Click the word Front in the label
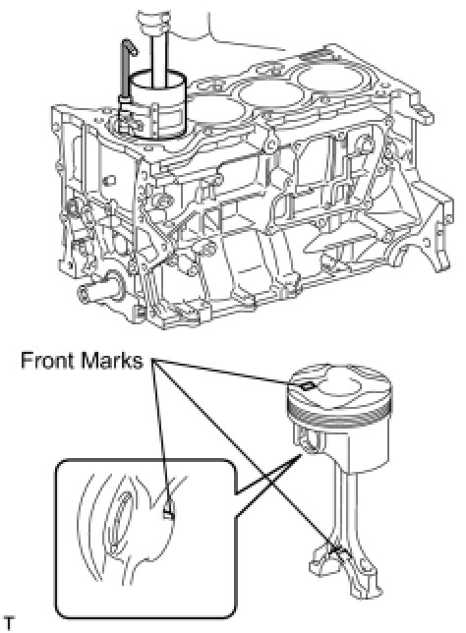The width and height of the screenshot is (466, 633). pyautogui.click(x=48, y=360)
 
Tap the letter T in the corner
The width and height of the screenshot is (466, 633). pyautogui.click(x=9, y=623)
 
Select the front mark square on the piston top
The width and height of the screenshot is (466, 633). pyautogui.click(x=308, y=386)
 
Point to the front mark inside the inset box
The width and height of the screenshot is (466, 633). pyautogui.click(x=168, y=513)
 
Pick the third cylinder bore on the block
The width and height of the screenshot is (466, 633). pyautogui.click(x=269, y=95)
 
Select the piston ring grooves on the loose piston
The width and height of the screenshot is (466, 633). pyautogui.click(x=339, y=414)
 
